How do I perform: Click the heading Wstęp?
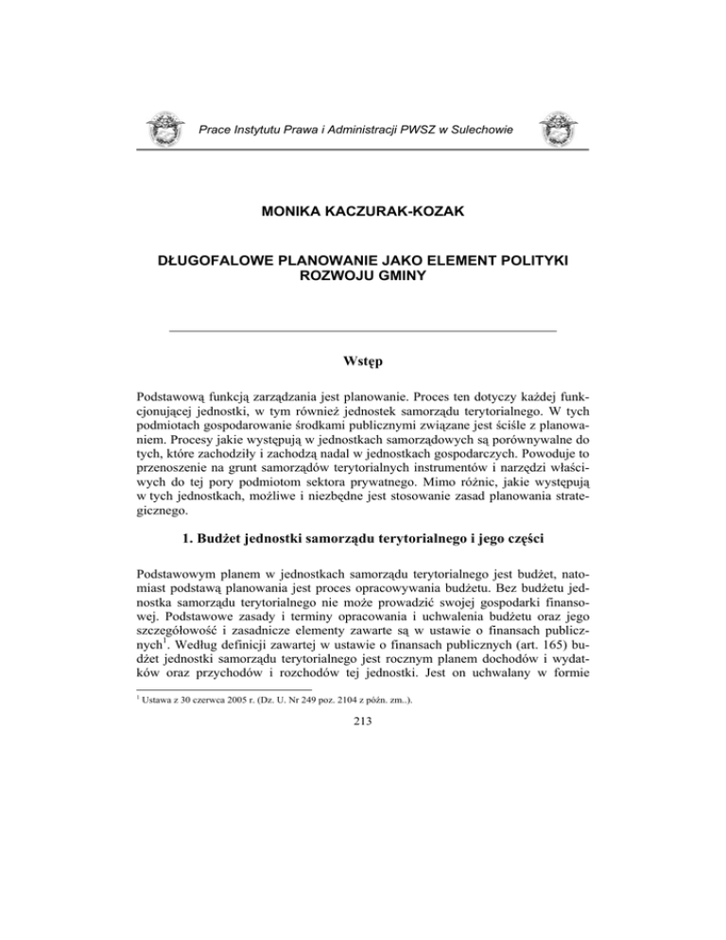pyautogui.click(x=362, y=359)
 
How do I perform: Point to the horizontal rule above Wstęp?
pyautogui.click(x=362, y=330)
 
